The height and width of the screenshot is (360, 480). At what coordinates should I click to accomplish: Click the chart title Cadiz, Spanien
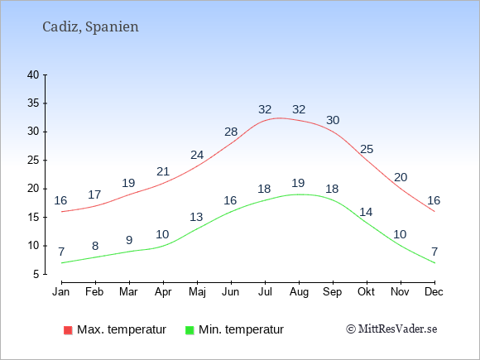90,27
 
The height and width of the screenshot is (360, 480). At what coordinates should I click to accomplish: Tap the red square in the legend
68,330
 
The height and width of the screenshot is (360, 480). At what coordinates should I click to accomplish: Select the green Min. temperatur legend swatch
190,330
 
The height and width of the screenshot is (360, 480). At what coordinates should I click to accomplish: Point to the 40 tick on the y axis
33,74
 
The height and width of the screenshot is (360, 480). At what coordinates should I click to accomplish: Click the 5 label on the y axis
36,274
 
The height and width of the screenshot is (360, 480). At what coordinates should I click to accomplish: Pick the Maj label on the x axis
197,292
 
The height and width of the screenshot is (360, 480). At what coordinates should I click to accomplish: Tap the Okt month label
366,292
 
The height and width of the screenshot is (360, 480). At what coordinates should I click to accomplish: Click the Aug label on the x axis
299,292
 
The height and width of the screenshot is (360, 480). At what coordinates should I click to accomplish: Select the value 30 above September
333,120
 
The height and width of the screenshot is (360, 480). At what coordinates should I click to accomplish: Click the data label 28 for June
231,132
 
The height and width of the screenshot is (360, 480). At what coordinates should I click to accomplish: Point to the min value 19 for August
298,183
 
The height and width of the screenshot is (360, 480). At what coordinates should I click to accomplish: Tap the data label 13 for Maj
196,217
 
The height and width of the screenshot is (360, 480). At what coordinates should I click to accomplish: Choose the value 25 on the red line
367,150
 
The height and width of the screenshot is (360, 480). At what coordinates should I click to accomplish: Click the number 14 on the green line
366,212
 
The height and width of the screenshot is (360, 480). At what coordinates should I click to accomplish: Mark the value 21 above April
163,171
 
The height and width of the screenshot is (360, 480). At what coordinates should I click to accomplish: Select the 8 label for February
95,246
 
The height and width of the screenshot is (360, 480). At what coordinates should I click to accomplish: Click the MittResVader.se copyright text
391,329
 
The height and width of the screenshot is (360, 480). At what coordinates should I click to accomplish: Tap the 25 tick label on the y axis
33,160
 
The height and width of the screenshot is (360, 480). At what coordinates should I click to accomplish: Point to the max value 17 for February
94,194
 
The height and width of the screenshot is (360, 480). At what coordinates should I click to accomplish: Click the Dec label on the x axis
434,292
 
